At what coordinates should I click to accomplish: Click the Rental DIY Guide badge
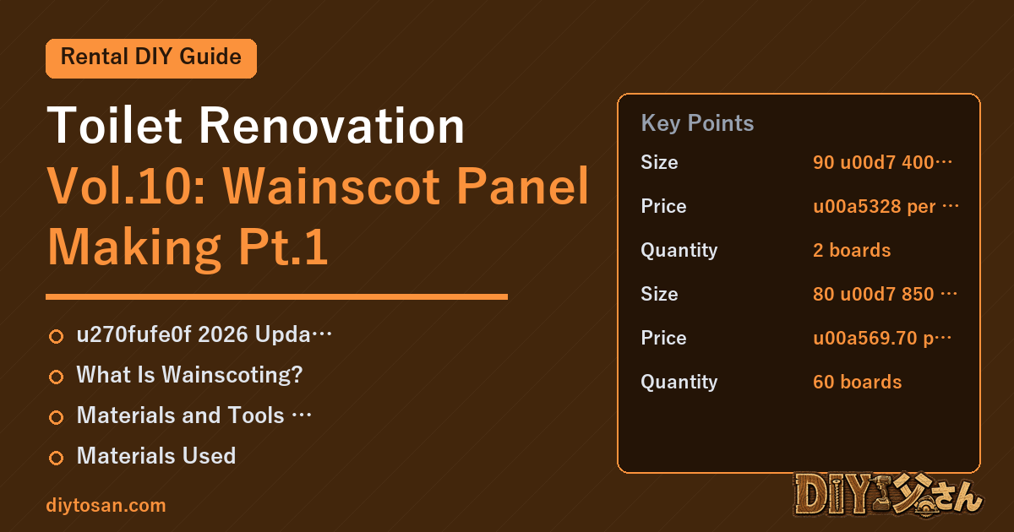tap(151, 58)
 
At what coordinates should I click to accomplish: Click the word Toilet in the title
tap(115, 125)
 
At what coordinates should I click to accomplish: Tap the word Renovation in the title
tap(332, 125)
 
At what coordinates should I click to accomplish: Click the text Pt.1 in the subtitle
tap(283, 247)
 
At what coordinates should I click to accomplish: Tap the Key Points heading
tap(697, 123)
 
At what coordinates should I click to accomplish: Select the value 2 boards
tap(852, 250)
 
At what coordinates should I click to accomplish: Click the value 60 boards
tap(857, 382)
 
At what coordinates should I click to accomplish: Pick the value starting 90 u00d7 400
tap(882, 162)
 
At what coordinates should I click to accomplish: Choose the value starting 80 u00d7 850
tap(885, 294)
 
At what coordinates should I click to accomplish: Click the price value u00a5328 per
tap(886, 206)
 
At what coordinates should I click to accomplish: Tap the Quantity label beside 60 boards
tap(679, 382)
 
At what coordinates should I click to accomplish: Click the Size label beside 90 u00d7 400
tap(659, 162)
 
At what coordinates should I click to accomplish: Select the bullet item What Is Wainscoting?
tap(189, 375)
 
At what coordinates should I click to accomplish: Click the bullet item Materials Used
tap(156, 455)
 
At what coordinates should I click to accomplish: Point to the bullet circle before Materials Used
tap(56, 458)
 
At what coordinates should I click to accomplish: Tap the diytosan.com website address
tap(106, 505)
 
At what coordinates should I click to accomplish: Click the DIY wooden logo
tap(888, 495)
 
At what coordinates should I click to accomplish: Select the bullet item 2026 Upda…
tap(204, 334)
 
